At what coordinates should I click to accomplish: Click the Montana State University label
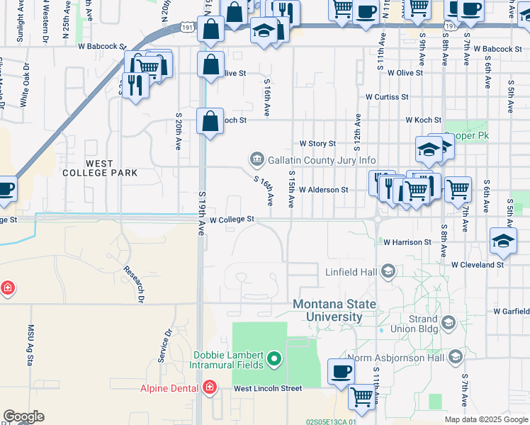point(334,312)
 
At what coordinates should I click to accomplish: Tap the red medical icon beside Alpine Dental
point(209,387)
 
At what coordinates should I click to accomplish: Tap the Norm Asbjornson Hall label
point(407,358)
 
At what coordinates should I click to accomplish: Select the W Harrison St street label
point(407,242)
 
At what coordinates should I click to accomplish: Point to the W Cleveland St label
point(477,264)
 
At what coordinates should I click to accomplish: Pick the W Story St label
point(317,143)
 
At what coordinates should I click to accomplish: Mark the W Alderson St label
point(323,190)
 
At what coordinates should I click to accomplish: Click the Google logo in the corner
point(23,416)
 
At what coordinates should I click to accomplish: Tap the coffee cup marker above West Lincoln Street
point(342,372)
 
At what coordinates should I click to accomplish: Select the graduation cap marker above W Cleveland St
point(503,242)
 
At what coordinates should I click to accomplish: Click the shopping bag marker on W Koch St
point(210,120)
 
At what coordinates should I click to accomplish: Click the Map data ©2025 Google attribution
point(486,419)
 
